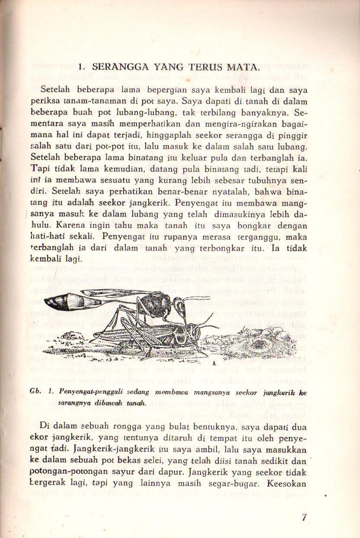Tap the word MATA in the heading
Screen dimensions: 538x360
point(245,67)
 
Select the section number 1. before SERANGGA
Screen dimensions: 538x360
point(82,67)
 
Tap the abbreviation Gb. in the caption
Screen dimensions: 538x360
point(36,391)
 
